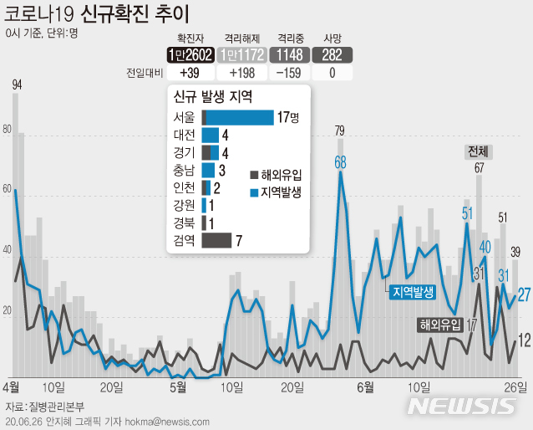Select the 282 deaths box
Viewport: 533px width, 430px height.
coord(332,55)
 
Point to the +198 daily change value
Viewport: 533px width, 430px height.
coord(240,73)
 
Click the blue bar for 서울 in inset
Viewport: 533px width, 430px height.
coord(240,117)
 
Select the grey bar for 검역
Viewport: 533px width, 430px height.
coord(216,241)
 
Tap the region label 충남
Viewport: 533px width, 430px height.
coord(184,170)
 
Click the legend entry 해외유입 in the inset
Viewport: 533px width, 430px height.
coord(275,175)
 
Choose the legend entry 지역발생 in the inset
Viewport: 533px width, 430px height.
coord(275,192)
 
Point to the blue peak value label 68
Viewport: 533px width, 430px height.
coord(340,162)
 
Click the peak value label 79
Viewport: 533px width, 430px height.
coord(340,131)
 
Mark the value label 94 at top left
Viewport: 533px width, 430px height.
coord(17,84)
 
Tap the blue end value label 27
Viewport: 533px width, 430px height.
coord(524,294)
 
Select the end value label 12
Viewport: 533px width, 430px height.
coord(524,340)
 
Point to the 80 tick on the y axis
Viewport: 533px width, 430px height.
coord(8,130)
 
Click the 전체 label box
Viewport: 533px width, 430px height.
coord(480,151)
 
